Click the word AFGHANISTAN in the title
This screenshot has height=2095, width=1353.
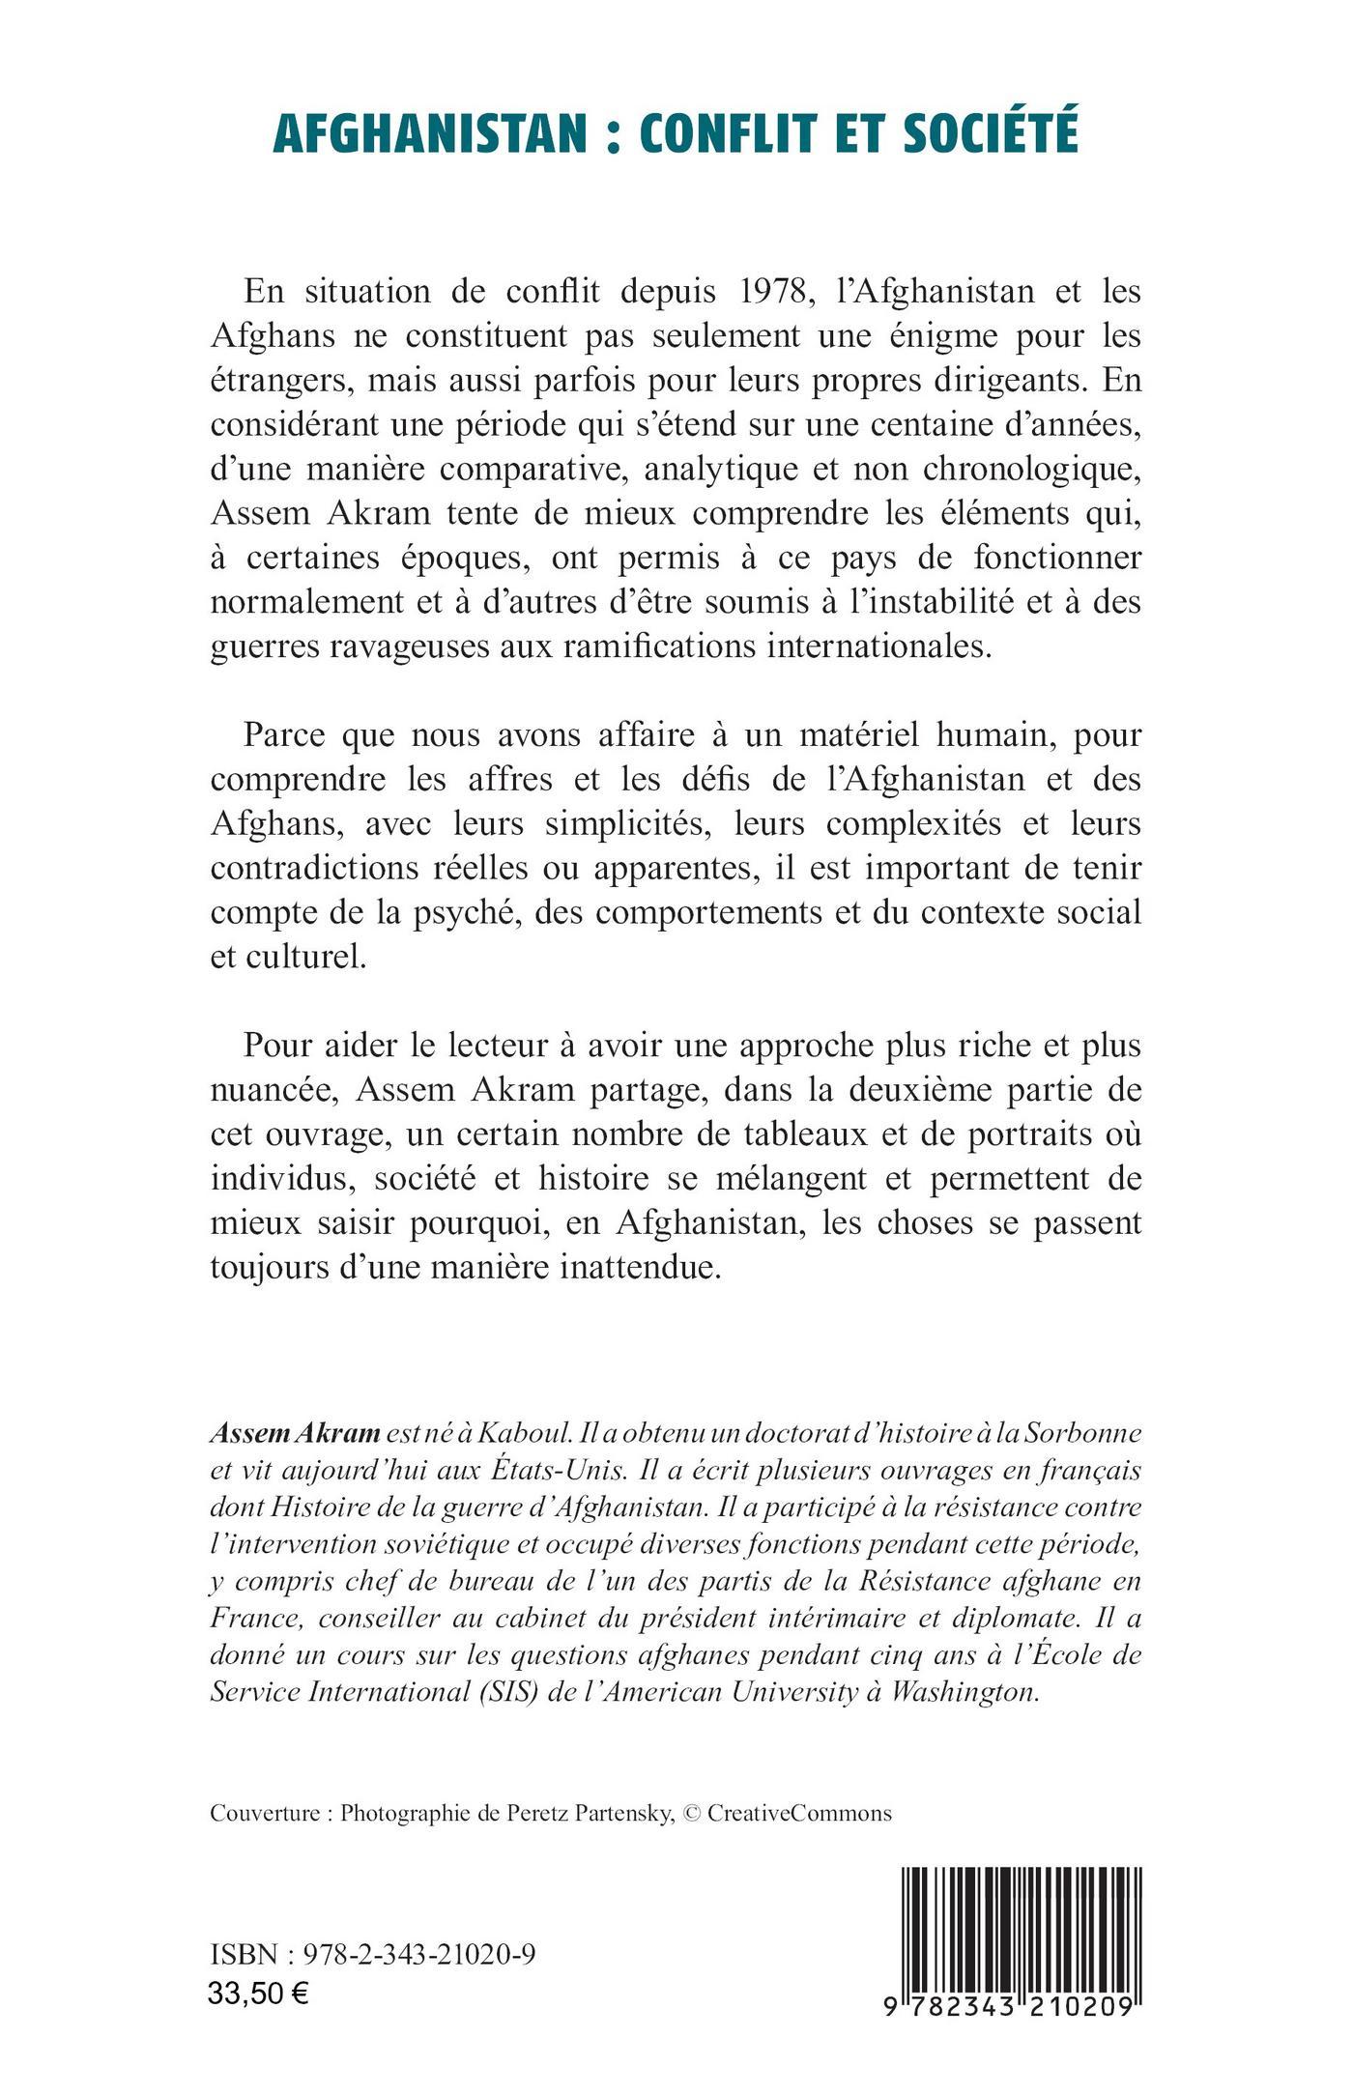429,133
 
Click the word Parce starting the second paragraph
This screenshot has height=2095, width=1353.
287,735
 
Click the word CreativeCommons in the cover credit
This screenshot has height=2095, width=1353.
799,1814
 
